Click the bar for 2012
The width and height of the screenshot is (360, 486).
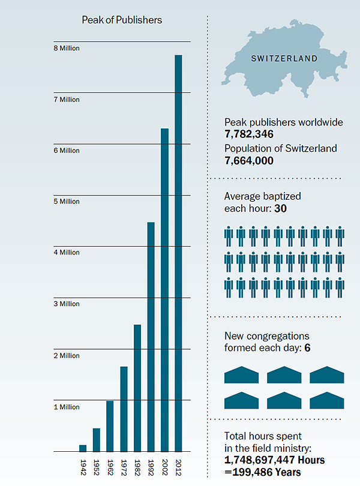click(x=178, y=253)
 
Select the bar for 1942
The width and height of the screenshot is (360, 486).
click(x=83, y=448)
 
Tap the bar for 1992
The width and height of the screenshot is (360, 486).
click(x=151, y=337)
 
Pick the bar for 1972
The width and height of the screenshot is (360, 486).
click(x=124, y=409)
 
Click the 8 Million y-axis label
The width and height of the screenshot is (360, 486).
click(x=66, y=49)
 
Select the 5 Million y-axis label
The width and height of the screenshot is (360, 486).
click(x=66, y=202)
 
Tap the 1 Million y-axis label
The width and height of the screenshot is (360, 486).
click(x=66, y=407)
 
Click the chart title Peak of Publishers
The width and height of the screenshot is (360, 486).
click(x=122, y=20)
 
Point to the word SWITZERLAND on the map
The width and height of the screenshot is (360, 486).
click(x=284, y=59)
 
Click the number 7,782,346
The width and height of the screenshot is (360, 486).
click(x=249, y=134)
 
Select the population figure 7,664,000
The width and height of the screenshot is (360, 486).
click(x=249, y=161)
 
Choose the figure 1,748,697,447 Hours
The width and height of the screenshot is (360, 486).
click(x=274, y=460)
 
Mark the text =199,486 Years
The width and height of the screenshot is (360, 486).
click(x=262, y=473)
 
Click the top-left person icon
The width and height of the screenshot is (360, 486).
click(x=229, y=236)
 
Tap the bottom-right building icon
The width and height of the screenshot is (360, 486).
click(x=327, y=400)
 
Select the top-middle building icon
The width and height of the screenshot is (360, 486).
click(x=284, y=374)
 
